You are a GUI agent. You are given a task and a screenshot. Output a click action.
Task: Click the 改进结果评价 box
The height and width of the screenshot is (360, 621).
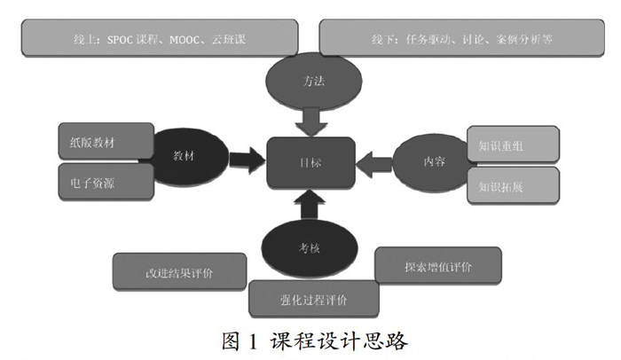pos(172,271)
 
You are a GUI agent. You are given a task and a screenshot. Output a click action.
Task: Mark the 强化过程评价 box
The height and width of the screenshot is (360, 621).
pos(314,299)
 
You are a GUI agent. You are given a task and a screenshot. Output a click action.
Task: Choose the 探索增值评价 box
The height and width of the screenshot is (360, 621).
pos(438,265)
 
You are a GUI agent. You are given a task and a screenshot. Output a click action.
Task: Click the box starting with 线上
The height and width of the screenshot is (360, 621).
pos(148,39)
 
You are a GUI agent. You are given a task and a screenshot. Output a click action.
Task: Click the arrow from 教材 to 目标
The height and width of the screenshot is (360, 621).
pos(247,160)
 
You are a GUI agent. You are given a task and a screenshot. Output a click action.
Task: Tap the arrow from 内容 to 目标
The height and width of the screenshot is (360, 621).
pos(374,162)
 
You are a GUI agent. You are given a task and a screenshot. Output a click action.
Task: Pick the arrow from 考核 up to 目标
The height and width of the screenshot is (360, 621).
pos(310,207)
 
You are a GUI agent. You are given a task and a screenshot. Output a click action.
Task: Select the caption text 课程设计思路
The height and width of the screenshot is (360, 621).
pos(340,340)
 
